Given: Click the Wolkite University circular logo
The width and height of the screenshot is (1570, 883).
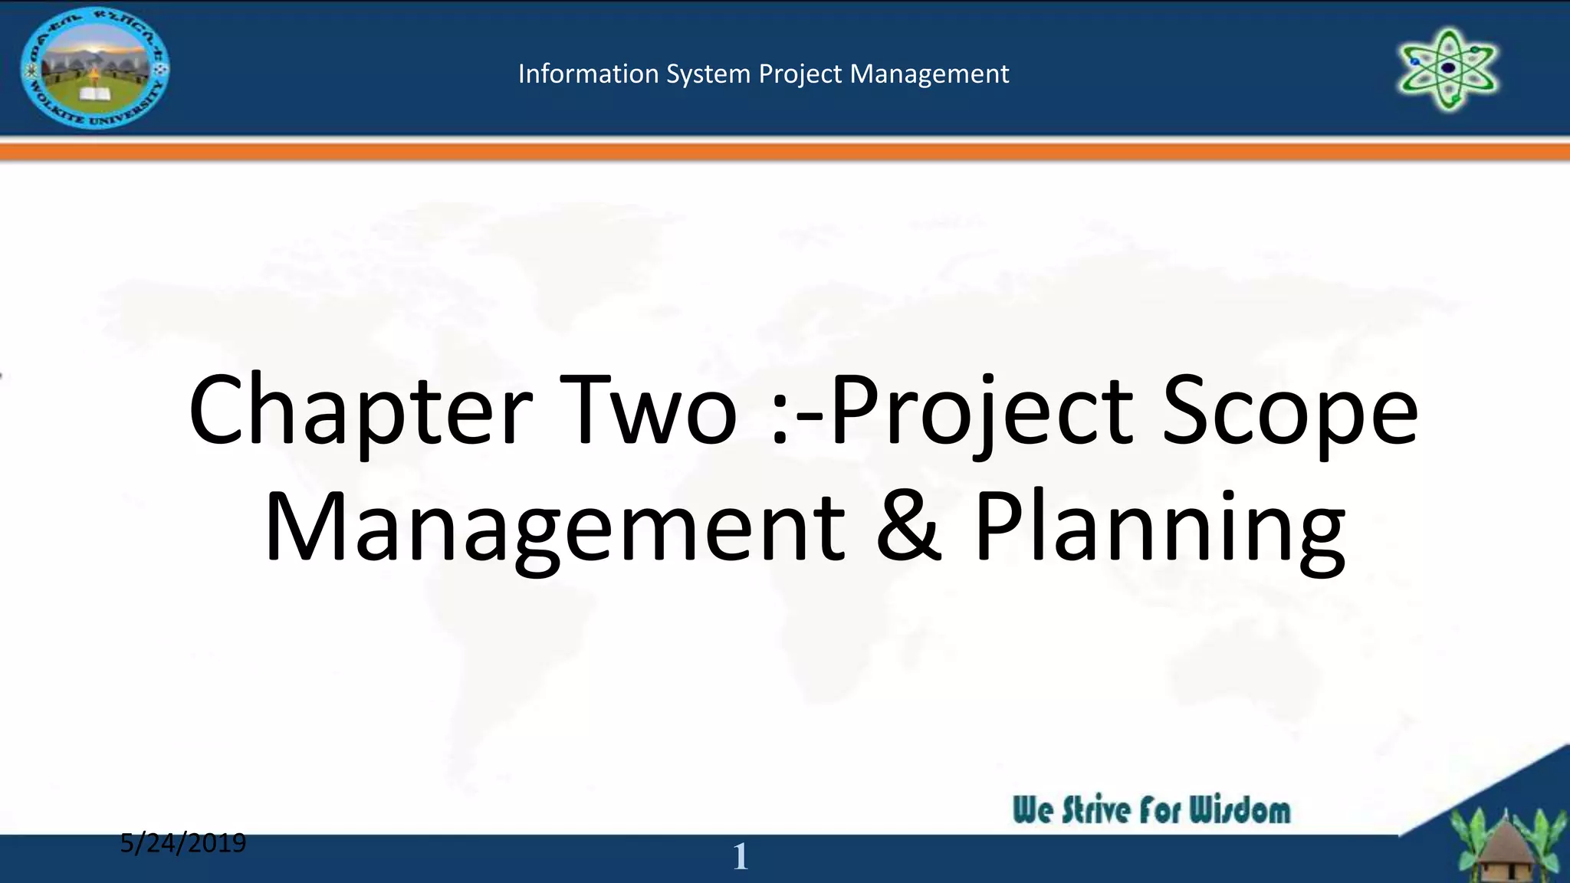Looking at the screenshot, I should pos(95,68).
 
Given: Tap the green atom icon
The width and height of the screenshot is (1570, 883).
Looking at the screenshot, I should pos(1448,69).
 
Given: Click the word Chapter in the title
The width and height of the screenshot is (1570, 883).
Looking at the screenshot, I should pos(360,411).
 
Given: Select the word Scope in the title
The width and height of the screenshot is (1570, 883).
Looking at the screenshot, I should pos(1289,411).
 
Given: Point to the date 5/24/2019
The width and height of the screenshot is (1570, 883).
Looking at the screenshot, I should pos(183,843).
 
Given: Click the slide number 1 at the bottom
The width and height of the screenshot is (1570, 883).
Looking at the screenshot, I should pos(740,856).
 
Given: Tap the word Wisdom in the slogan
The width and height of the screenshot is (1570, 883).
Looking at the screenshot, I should pos(1240,810).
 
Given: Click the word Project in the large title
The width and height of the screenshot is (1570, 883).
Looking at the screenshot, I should pos(982,411).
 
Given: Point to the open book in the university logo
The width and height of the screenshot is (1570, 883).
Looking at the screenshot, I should pos(95,94).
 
